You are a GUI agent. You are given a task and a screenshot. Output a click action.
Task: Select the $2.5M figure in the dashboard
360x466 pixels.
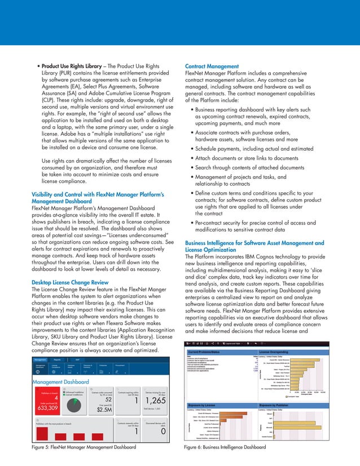pos(104,410)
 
